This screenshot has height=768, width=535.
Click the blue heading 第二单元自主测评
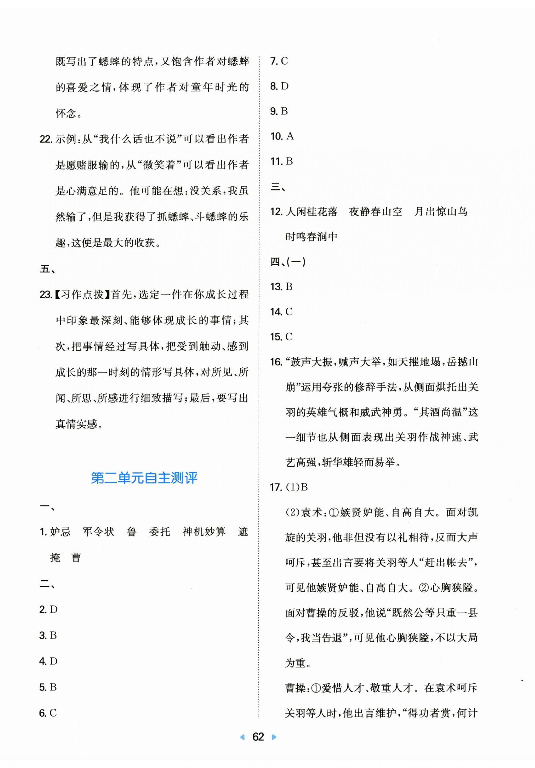click(x=144, y=478)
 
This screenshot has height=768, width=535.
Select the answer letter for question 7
click(x=284, y=61)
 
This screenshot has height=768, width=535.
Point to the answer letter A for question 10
click(x=290, y=136)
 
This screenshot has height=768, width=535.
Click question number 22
click(x=46, y=139)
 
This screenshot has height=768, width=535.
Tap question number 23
click(x=46, y=295)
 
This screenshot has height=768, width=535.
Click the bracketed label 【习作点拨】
click(x=82, y=295)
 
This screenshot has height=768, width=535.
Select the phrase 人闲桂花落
click(x=312, y=212)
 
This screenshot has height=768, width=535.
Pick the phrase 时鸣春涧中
click(x=312, y=237)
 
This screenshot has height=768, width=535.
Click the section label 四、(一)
click(x=288, y=262)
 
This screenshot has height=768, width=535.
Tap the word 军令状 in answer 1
click(x=98, y=532)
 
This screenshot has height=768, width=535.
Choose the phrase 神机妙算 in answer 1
click(x=204, y=532)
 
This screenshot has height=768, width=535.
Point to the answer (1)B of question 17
click(x=296, y=487)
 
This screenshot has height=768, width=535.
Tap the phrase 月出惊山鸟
click(x=440, y=212)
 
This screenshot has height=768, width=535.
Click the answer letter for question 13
click(x=289, y=287)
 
